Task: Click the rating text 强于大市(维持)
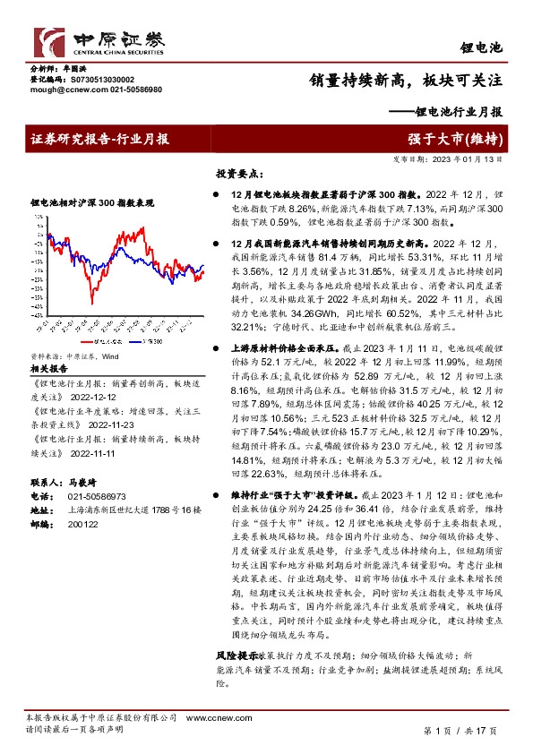[x=467, y=138]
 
